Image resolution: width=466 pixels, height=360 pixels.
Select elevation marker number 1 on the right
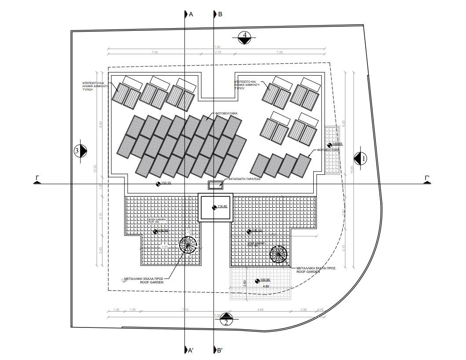[x=360, y=157]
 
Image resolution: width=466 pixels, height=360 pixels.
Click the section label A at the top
[x=191, y=14]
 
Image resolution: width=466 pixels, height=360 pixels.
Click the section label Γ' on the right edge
[x=426, y=178]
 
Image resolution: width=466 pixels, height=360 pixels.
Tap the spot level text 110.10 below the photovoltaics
[x=166, y=183]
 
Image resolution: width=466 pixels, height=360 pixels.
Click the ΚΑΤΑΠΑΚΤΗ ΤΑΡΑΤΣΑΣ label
[x=245, y=180]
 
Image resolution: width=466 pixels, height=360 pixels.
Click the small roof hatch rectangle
[x=215, y=185]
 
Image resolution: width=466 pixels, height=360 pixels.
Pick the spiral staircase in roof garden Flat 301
[x=188, y=245]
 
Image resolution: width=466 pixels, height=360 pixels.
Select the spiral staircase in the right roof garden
[x=279, y=254]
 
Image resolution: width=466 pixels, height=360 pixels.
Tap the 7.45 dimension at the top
[x=154, y=52]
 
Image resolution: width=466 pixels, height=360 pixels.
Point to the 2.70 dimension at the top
[x=217, y=52]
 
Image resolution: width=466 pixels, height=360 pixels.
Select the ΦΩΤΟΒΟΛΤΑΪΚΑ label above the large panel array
[x=227, y=114]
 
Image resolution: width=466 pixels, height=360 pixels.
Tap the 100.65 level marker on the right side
[x=337, y=144]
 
